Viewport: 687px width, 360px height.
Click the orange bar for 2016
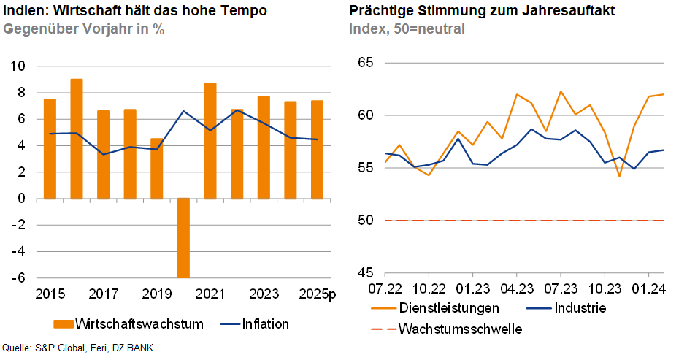tap(77, 139)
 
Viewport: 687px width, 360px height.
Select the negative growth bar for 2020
tap(183, 238)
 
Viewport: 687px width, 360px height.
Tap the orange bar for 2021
tap(210, 140)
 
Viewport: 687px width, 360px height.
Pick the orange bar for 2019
tap(157, 168)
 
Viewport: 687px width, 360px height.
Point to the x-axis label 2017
tap(103, 294)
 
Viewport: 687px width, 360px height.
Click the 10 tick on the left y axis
tap(18, 66)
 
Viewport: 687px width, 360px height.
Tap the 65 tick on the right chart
tap(365, 63)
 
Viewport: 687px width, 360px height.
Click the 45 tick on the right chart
tap(365, 273)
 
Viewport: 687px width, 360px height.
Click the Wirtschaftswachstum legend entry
tap(128, 323)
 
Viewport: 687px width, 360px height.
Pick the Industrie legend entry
tap(580, 307)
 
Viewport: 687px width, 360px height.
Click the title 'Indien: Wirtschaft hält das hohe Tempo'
tap(135, 12)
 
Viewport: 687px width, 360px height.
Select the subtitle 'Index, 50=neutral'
tap(407, 29)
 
